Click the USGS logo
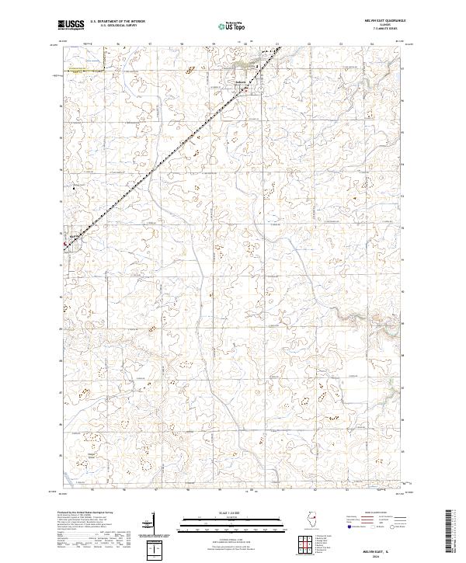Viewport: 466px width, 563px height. pyautogui.click(x=71, y=24)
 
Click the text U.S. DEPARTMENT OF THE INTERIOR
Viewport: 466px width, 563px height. pyautogui.click(x=117, y=22)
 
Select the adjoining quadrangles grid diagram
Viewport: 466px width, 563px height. pyautogui.click(x=304, y=544)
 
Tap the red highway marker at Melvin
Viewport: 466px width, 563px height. pyautogui.click(x=64, y=247)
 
